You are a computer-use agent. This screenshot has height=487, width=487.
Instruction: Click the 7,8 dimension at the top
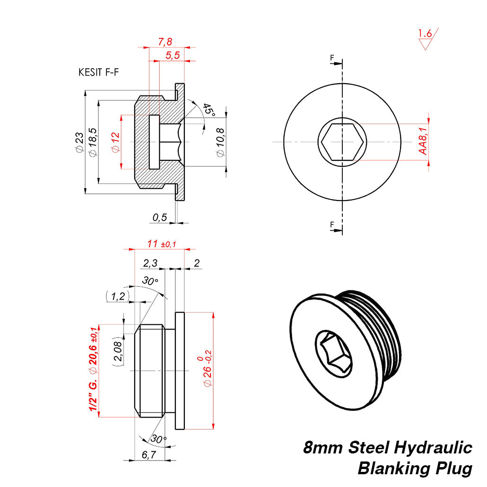pyautogui.click(x=165, y=42)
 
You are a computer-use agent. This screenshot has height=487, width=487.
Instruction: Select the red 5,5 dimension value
pyautogui.click(x=173, y=55)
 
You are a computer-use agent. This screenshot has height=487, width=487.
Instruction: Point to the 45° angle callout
pyautogui.click(x=209, y=110)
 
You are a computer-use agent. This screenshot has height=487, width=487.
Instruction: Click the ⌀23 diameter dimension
pyautogui.click(x=79, y=142)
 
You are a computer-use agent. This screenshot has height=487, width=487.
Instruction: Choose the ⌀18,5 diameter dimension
pyautogui.click(x=93, y=142)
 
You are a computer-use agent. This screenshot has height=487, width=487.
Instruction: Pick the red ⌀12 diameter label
pyautogui.click(x=115, y=142)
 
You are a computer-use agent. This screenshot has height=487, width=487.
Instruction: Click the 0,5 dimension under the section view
pyautogui.click(x=160, y=217)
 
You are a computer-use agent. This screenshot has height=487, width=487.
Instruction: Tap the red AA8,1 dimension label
pyautogui.click(x=423, y=141)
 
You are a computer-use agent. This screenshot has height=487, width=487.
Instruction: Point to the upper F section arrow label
pyautogui.click(x=332, y=58)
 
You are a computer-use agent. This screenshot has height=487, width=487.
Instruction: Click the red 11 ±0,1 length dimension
pyautogui.click(x=161, y=244)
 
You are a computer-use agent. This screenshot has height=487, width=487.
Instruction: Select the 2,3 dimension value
pyautogui.click(x=151, y=262)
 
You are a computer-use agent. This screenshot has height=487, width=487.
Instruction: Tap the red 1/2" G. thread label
pyautogui.click(x=93, y=395)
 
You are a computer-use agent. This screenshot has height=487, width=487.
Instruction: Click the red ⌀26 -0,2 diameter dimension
pyautogui.click(x=207, y=371)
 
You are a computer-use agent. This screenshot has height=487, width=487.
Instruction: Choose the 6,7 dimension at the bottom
pyautogui.click(x=148, y=455)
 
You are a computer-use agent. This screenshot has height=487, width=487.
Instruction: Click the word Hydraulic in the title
pyautogui.click(x=434, y=447)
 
